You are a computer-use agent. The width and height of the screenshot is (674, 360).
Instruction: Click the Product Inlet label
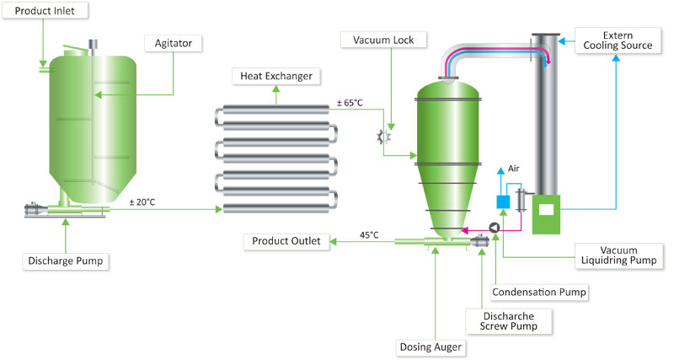(45, 11)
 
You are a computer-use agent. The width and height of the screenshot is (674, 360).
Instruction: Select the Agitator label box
(174, 44)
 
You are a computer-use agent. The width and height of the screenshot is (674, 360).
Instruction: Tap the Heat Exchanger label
(276, 76)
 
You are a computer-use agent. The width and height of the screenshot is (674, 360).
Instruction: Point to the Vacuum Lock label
(383, 40)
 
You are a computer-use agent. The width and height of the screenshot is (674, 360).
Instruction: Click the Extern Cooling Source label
(618, 40)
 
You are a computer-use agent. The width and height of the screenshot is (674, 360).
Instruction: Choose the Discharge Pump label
(66, 261)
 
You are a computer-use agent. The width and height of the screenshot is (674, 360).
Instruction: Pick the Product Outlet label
(286, 241)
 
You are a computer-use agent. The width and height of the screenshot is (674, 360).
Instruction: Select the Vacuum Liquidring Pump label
(618, 255)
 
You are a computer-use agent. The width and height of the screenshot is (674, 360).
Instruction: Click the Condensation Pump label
(539, 293)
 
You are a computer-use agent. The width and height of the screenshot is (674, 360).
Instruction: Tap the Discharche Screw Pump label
(509, 321)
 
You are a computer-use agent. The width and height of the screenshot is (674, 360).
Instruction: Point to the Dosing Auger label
(431, 347)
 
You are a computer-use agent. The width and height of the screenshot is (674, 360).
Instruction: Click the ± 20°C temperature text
(142, 202)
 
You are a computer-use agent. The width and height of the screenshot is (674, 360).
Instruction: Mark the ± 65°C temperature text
(350, 103)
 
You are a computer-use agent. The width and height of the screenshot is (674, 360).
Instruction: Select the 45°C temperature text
(369, 235)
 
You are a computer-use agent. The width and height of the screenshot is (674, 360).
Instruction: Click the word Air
(514, 169)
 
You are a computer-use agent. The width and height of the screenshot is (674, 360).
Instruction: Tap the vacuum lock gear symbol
(383, 137)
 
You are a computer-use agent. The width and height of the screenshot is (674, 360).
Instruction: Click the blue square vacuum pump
(503, 201)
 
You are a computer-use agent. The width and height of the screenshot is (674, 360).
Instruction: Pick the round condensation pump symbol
(495, 228)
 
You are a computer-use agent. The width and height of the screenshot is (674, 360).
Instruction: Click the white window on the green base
(546, 210)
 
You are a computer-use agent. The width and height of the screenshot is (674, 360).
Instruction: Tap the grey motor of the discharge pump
(32, 210)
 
